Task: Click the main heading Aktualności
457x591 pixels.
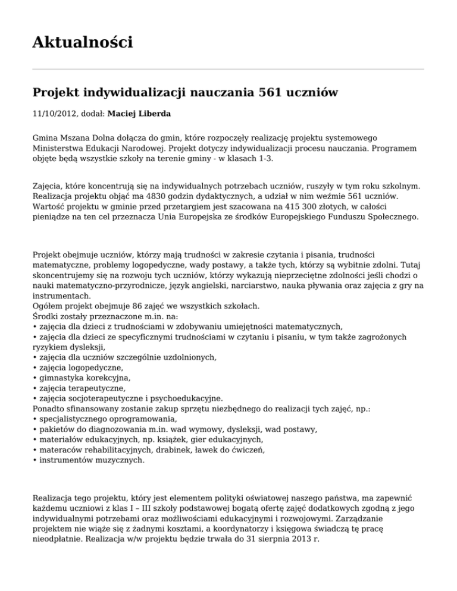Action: pyautogui.click(x=83, y=43)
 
